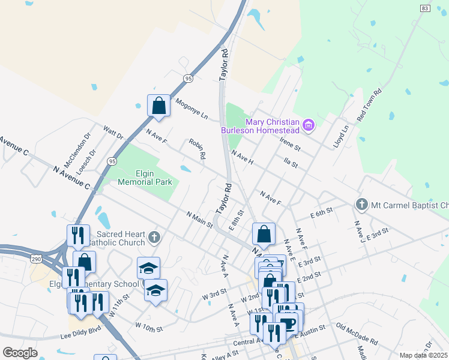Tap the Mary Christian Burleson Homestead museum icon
(309, 125)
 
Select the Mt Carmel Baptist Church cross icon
(361, 205)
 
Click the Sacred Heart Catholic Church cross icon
(154, 238)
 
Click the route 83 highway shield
(425, 8)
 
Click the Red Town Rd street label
(369, 106)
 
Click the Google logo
(19, 353)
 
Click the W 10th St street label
(149, 328)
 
